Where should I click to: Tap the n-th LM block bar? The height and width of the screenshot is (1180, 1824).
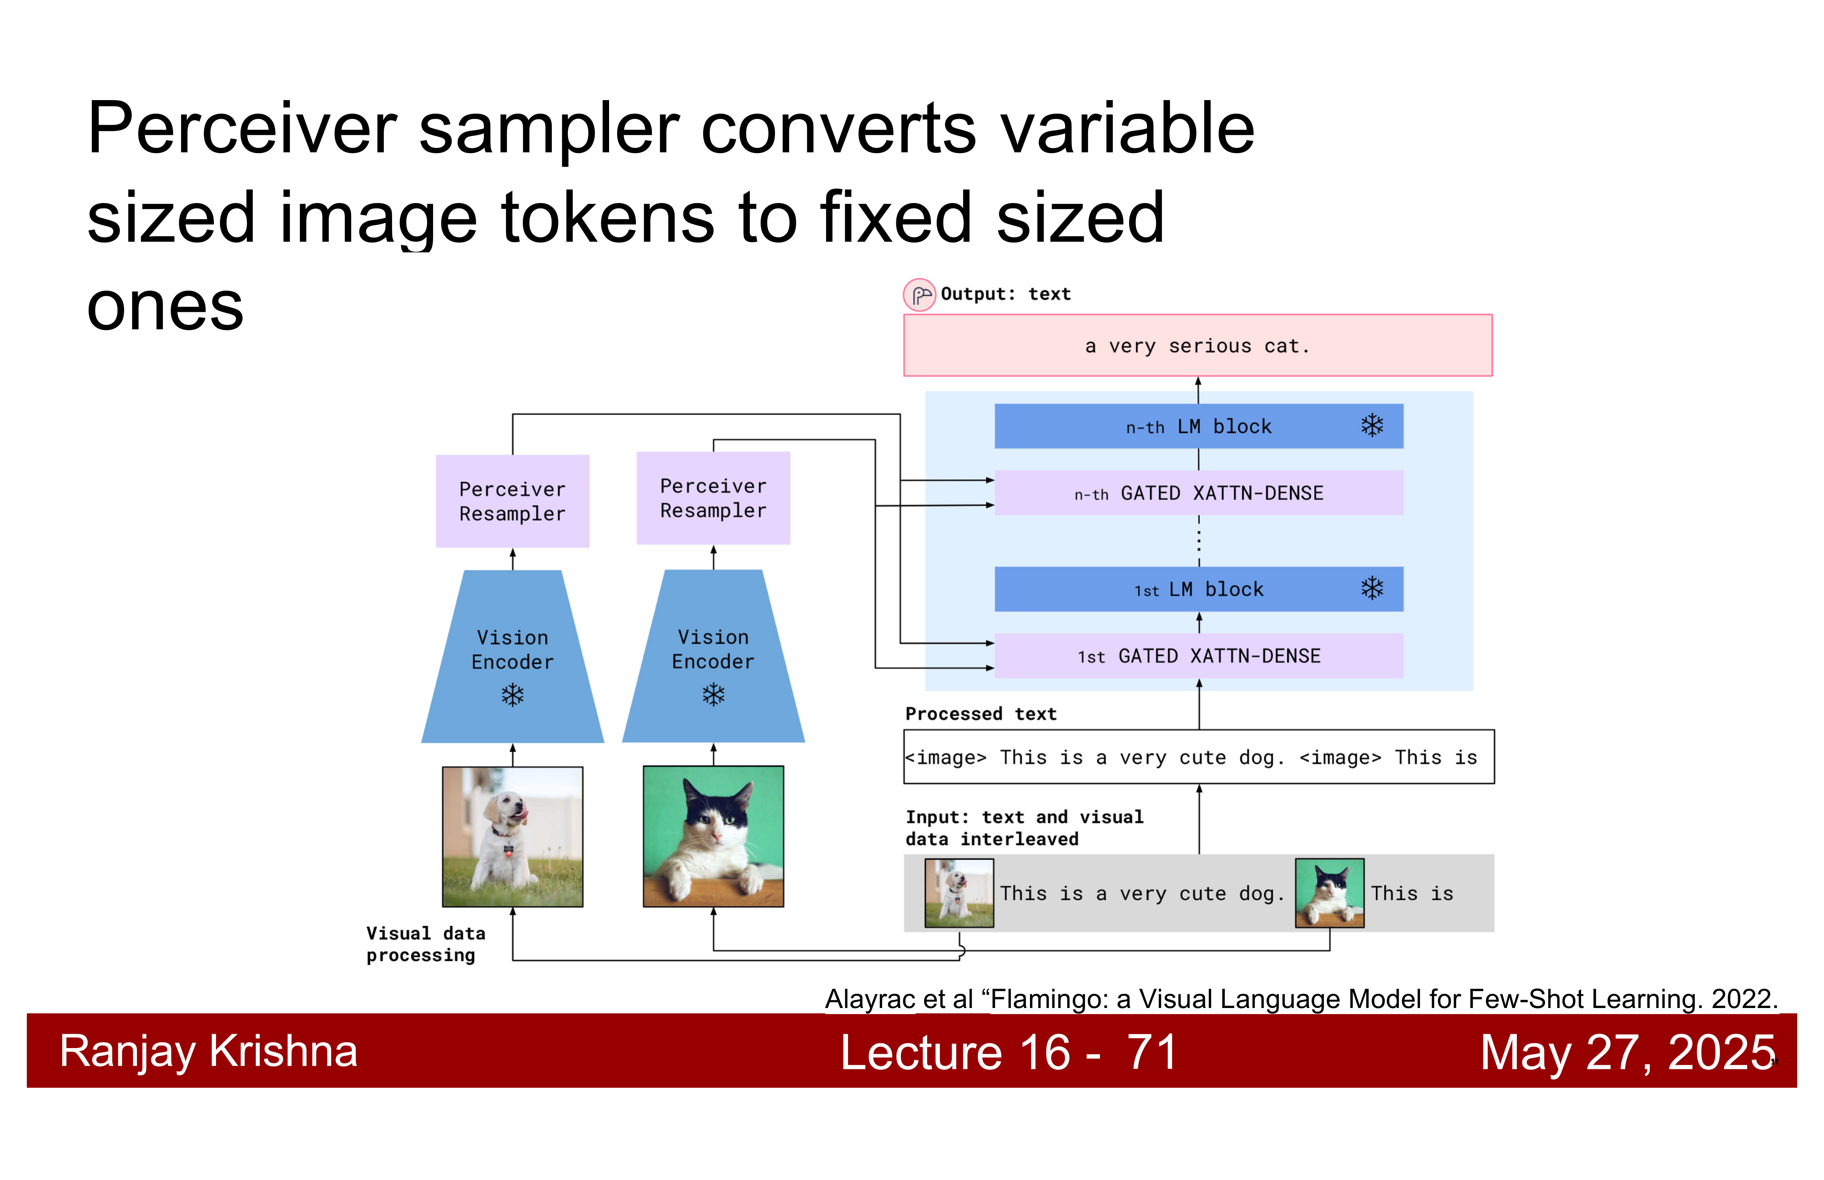[1198, 426]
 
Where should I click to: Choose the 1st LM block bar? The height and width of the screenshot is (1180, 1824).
[1198, 589]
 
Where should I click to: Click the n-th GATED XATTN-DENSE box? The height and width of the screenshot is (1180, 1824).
[1198, 493]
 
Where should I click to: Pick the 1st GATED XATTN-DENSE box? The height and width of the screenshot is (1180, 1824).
[1198, 656]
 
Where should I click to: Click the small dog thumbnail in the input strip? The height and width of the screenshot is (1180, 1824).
[959, 893]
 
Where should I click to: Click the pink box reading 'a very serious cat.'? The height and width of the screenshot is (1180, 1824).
[1198, 345]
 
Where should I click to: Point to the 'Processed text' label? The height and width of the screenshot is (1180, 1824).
[981, 714]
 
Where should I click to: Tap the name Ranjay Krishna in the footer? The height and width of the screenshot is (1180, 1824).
[209, 1051]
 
